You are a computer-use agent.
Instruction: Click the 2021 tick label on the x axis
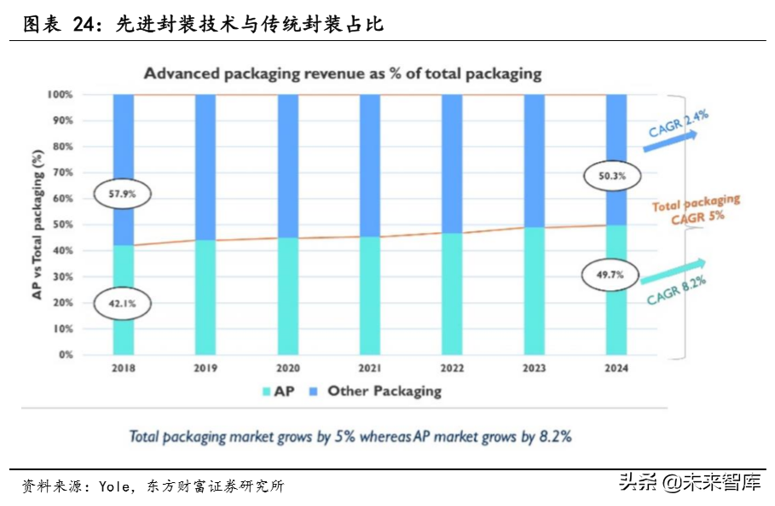tap(369, 369)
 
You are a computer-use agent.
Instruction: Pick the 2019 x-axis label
tap(205, 369)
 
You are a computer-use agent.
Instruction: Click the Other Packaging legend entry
tap(376, 391)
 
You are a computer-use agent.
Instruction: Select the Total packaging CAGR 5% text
tap(696, 207)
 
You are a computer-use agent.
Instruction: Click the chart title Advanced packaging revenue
tap(342, 73)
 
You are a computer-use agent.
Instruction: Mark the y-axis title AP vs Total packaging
tap(38, 224)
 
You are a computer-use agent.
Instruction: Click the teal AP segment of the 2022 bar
tap(451, 294)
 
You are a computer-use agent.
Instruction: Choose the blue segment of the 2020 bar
tap(287, 162)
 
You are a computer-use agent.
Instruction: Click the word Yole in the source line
tap(113, 487)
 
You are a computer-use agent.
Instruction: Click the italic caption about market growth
tap(350, 436)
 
